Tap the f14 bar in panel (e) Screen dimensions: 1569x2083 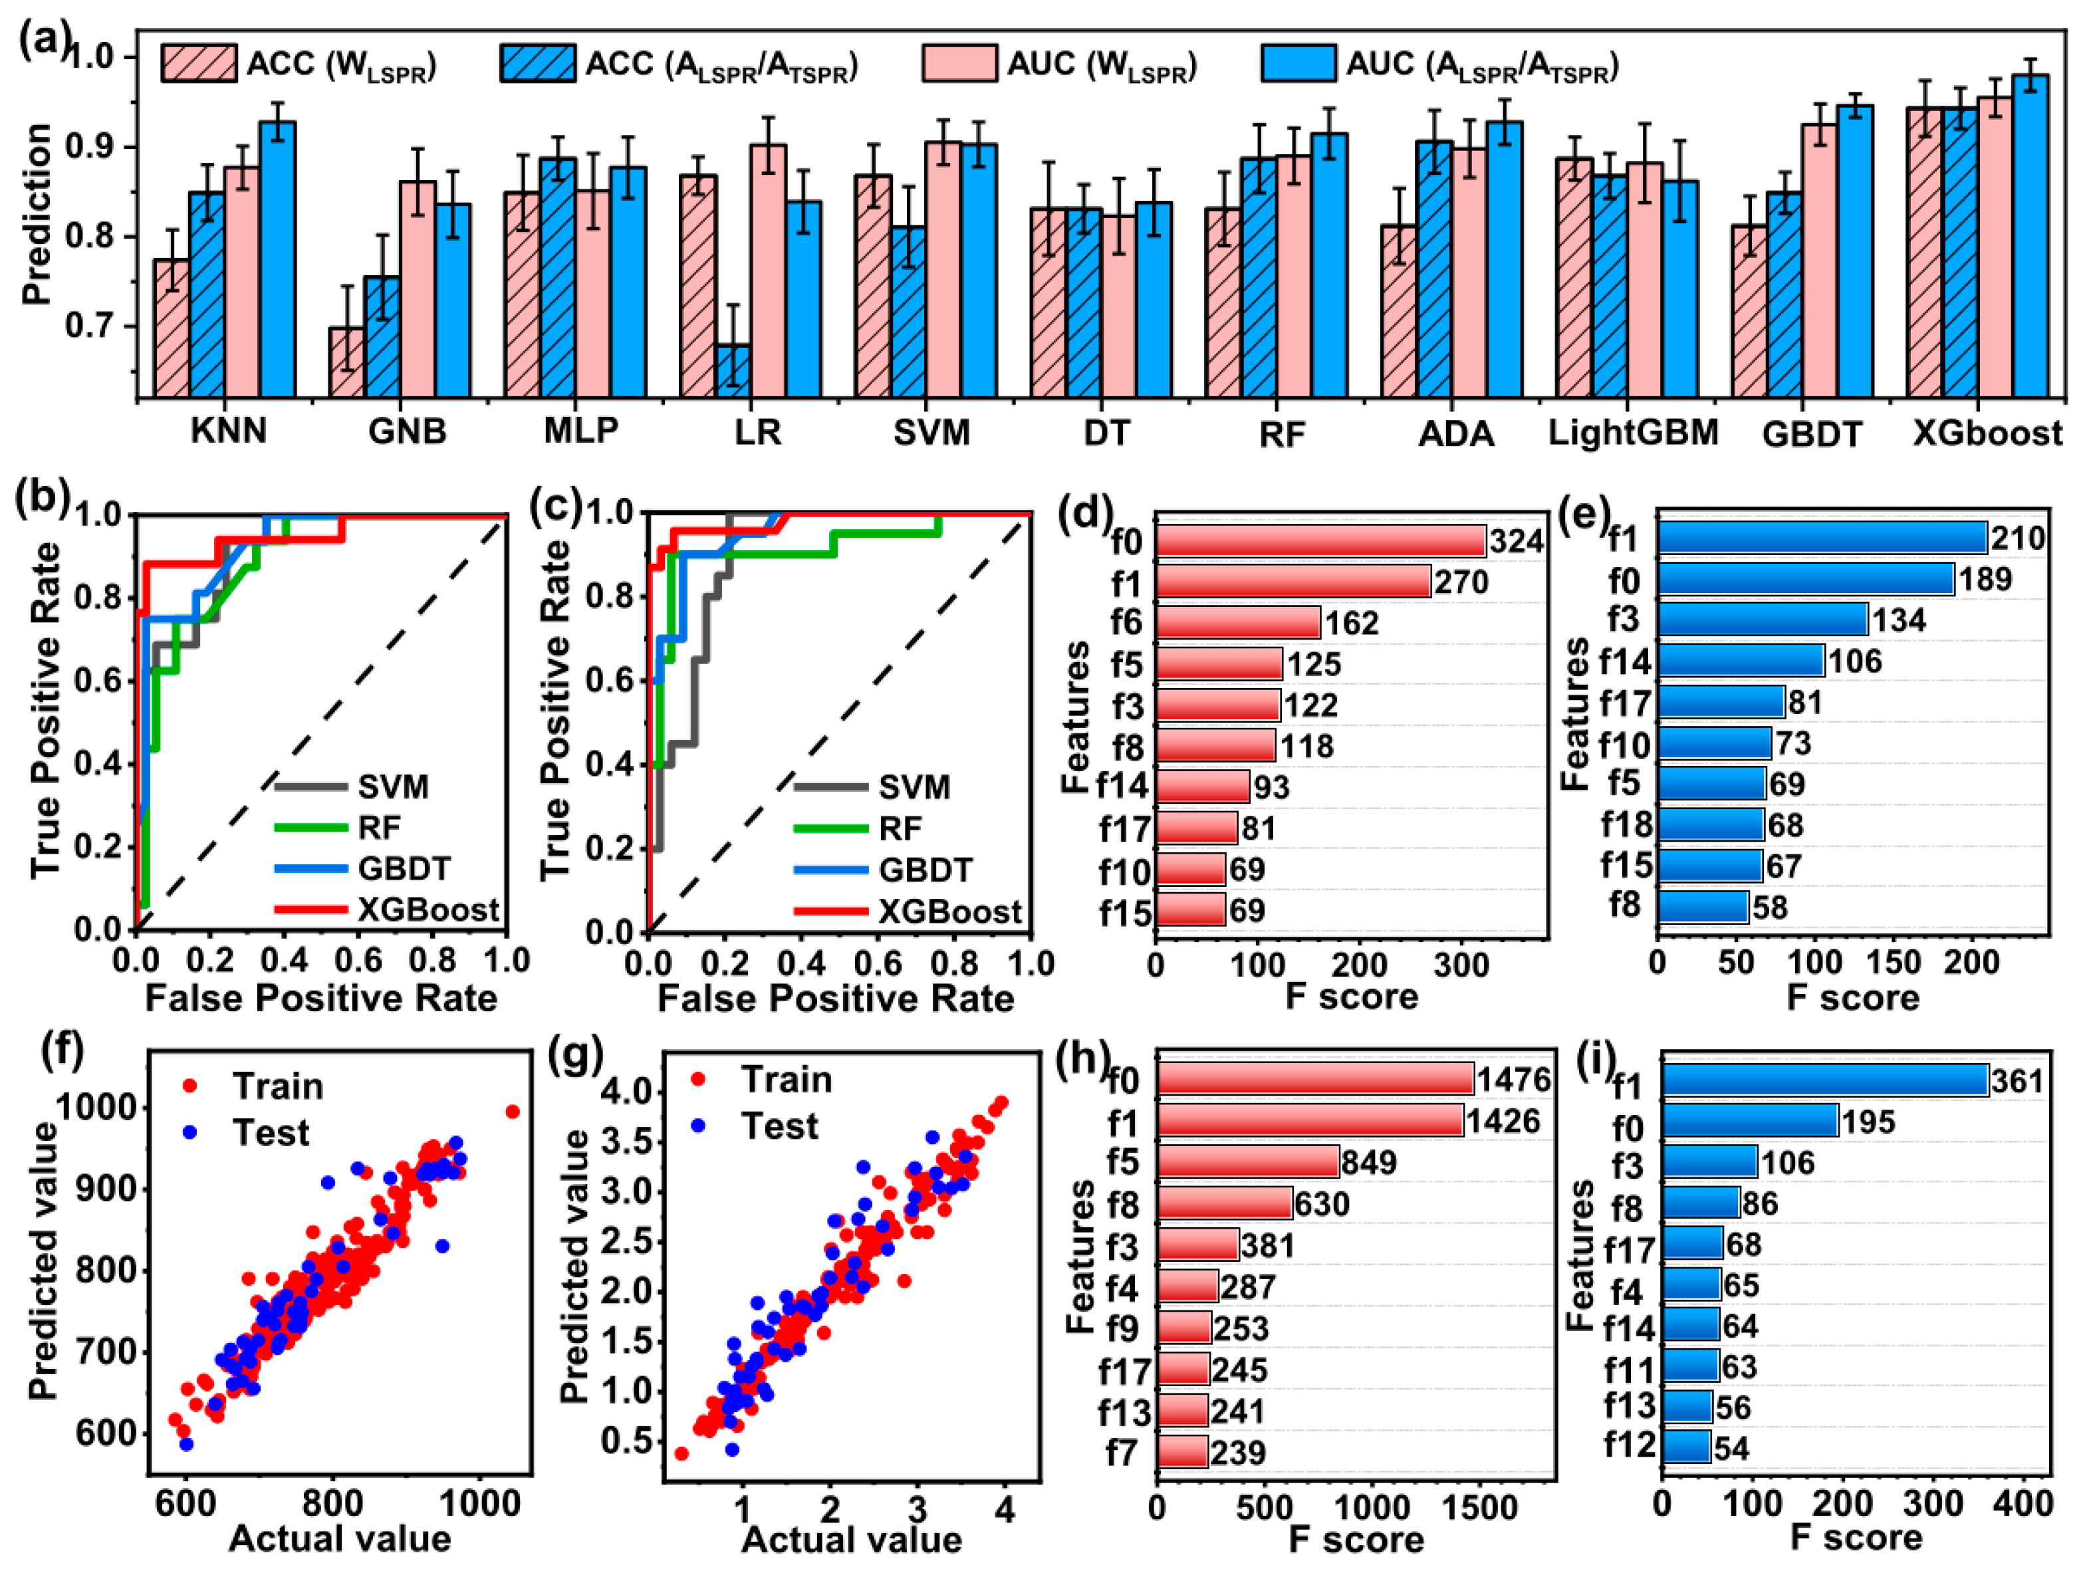tap(1740, 661)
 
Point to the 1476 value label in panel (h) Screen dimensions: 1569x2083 tap(1513, 1079)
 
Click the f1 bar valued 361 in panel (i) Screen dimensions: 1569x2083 tap(1824, 1080)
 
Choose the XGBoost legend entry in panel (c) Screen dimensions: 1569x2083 tap(949, 911)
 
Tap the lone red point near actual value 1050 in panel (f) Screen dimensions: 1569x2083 tap(513, 1112)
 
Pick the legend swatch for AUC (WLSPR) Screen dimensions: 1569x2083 tap(959, 64)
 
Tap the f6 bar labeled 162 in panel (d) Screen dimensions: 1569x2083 tap(1237, 622)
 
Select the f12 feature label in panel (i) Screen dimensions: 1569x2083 tap(1629, 1445)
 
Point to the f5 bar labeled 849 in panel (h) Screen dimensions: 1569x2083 tap(1248, 1162)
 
